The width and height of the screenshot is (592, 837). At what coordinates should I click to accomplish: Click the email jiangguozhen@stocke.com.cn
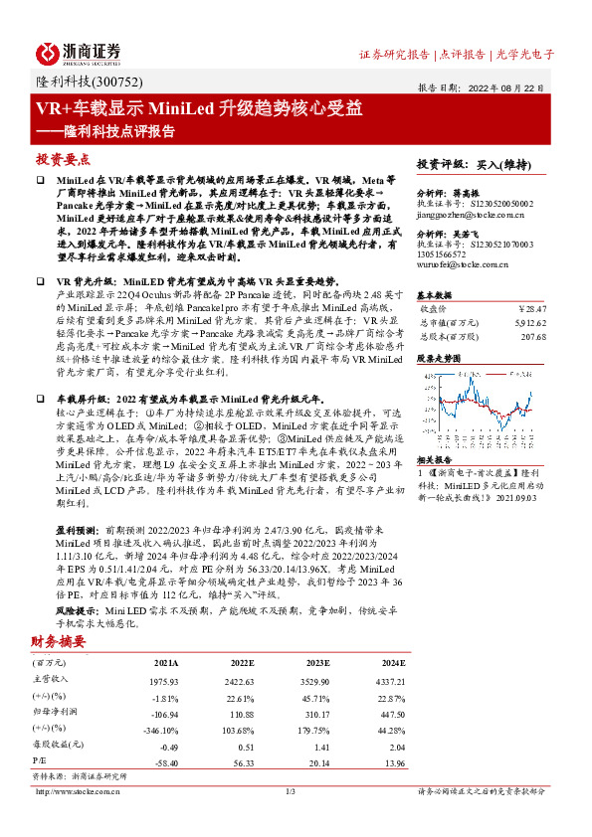(x=471, y=212)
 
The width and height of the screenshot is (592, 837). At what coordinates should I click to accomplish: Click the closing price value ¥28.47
(x=534, y=308)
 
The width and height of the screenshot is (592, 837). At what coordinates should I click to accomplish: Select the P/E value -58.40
(x=163, y=761)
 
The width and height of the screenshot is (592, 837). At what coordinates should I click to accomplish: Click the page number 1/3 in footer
(x=292, y=791)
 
